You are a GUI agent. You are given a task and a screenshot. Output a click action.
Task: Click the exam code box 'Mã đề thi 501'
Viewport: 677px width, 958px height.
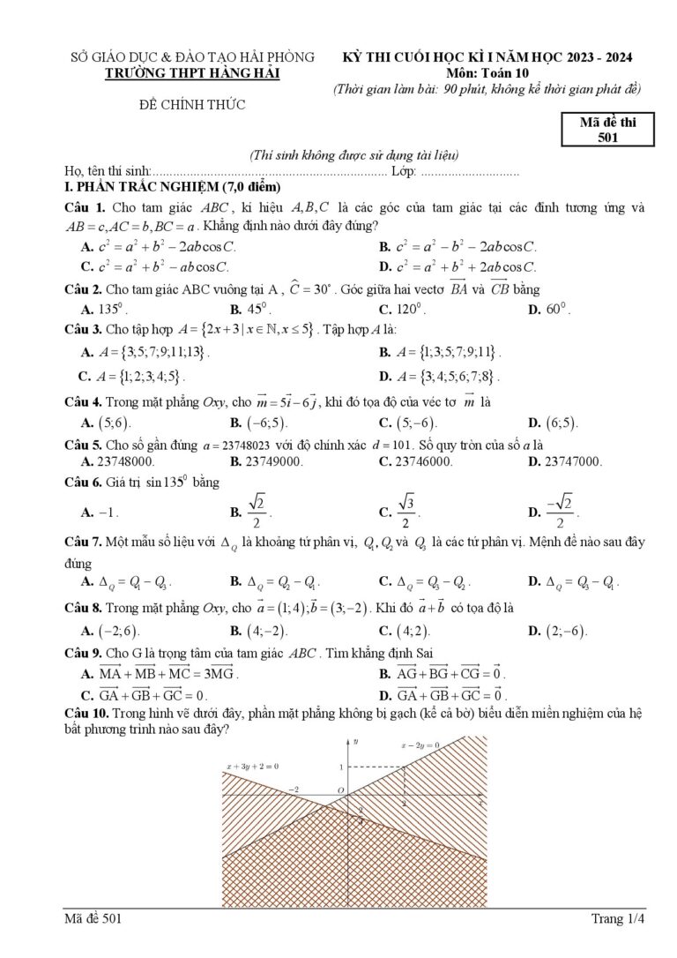tap(607, 130)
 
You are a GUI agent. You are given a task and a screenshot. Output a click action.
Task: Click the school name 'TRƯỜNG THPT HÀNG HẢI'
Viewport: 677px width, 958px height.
tap(192, 73)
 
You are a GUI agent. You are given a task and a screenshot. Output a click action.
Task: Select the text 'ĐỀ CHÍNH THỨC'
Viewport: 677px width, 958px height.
tap(192, 105)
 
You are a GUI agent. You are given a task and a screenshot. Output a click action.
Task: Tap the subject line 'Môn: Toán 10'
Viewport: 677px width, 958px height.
tap(487, 73)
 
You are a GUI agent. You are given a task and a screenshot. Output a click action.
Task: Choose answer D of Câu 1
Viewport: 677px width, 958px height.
tap(458, 266)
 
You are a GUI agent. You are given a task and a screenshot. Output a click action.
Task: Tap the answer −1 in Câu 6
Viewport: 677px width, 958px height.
tap(100, 513)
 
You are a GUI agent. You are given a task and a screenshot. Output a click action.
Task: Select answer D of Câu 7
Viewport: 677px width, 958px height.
tap(573, 582)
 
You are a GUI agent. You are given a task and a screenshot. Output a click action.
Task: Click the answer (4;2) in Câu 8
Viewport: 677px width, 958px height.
tap(405, 631)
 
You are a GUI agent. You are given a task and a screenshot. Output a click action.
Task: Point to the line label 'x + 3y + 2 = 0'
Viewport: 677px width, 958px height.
tap(252, 767)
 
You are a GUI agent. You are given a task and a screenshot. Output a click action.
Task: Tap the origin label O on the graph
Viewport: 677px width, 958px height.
tap(341, 790)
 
